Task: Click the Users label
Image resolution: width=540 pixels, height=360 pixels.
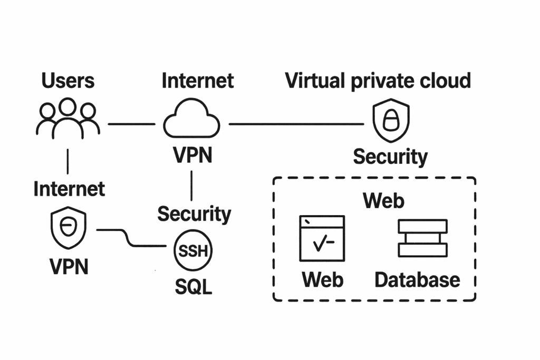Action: pos(68,81)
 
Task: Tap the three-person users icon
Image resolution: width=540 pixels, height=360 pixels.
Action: pos(68,119)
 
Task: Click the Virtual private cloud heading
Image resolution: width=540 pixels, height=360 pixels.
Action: pos(378,81)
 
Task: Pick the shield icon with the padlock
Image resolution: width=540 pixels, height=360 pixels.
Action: pos(391,120)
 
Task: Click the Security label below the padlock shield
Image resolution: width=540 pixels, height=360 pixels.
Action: pos(390,157)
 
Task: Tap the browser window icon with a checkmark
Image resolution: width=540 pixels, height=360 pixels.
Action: pos(322,238)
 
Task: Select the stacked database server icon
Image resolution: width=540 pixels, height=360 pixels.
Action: pos(422,238)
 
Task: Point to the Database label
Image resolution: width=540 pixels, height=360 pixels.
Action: pos(417,279)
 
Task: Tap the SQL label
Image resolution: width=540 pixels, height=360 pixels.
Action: pos(193,287)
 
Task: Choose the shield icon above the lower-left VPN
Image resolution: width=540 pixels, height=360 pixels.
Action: pos(68,228)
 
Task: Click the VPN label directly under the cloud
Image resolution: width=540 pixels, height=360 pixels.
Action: pos(192,155)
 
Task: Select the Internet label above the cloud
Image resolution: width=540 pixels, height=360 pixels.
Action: pos(197,81)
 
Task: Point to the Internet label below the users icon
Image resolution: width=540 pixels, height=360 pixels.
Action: pos(69,188)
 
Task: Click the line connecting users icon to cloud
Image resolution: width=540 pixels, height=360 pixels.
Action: pos(131,124)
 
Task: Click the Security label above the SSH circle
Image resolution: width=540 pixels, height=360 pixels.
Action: pos(194,214)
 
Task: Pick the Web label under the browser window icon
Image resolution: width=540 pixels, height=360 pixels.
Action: pos(322,279)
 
